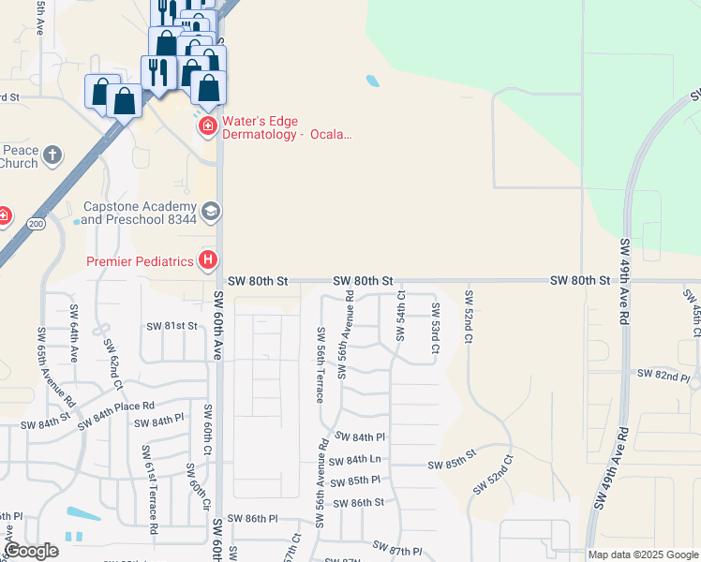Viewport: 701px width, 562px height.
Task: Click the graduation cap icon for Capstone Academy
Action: pyautogui.click(x=211, y=212)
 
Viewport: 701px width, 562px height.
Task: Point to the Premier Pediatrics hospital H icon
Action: pyautogui.click(x=210, y=260)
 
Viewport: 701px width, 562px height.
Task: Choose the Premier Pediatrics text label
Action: pyautogui.click(x=140, y=261)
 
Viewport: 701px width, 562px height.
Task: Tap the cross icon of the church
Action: pyautogui.click(x=53, y=155)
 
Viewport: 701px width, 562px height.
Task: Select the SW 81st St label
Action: pyautogui.click(x=172, y=326)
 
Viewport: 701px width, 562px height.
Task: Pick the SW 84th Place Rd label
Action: pyautogui.click(x=116, y=412)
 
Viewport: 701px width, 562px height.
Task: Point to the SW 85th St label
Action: pyautogui.click(x=454, y=464)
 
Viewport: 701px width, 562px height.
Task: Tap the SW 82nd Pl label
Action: pyautogui.click(x=663, y=375)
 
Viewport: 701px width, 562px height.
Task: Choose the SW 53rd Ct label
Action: pyautogui.click(x=436, y=328)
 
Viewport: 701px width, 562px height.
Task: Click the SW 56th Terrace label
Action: pyautogui.click(x=321, y=364)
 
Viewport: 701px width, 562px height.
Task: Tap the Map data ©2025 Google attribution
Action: pyautogui.click(x=642, y=555)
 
